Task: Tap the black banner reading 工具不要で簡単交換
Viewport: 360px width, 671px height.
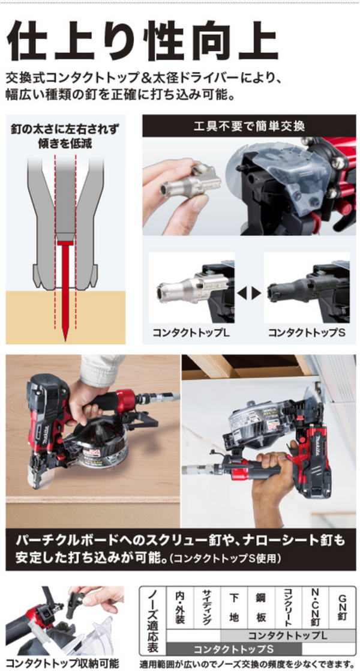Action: pyautogui.click(x=249, y=127)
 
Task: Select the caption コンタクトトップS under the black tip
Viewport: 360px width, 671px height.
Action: pyautogui.click(x=306, y=332)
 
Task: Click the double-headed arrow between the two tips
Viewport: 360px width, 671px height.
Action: pyautogui.click(x=249, y=293)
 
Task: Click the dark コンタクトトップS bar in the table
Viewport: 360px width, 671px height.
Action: pyautogui.click(x=233, y=649)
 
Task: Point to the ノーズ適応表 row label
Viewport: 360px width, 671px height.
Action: pyautogui.click(x=152, y=621)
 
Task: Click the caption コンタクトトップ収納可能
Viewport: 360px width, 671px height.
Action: pyautogui.click(x=62, y=664)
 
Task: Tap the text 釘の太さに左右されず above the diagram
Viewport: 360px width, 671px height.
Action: pyautogui.click(x=65, y=129)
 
